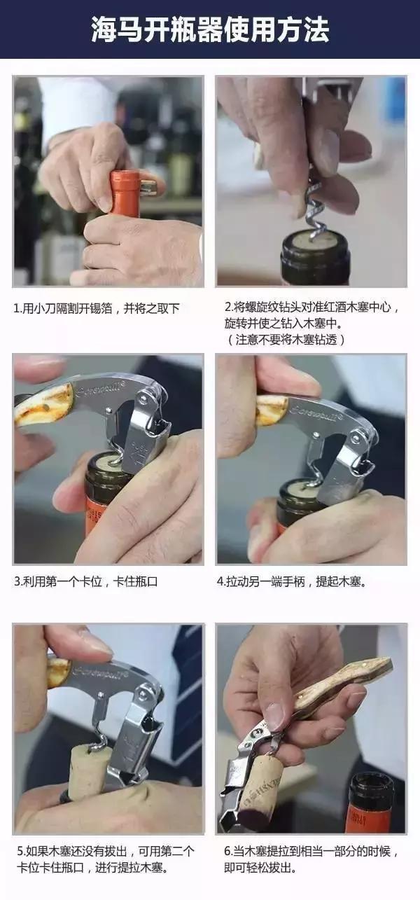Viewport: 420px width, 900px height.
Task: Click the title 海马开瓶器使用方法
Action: [210, 30]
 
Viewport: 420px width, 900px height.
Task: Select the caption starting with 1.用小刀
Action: [97, 308]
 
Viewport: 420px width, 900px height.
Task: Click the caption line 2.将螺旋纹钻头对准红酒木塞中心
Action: [311, 307]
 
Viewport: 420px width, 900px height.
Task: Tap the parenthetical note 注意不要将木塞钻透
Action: [286, 339]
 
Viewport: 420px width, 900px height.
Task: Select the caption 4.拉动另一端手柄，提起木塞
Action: [295, 581]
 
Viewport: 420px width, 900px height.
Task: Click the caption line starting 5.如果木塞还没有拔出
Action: [106, 852]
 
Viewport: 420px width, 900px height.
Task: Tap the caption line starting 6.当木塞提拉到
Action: [311, 852]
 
